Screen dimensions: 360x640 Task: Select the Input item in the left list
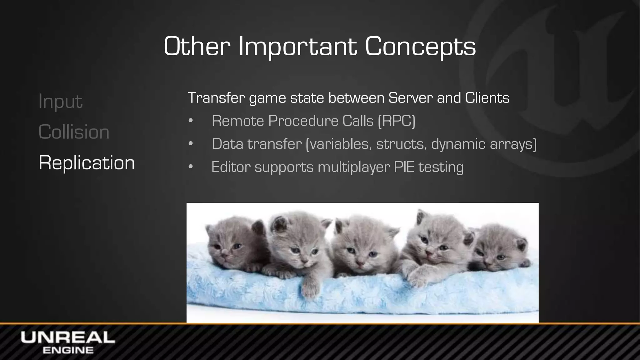point(60,101)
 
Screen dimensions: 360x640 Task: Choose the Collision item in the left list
point(74,132)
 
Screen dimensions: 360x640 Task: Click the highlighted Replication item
point(87,162)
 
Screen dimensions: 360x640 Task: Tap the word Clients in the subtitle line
point(487,98)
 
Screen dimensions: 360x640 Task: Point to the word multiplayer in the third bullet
point(354,167)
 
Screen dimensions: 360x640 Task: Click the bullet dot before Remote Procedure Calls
point(191,121)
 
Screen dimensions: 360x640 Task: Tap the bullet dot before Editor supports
point(191,167)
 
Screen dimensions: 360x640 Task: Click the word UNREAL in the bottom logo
point(68,338)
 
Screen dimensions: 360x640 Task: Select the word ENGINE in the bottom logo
point(68,350)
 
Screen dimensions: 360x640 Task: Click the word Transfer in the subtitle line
point(216,98)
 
